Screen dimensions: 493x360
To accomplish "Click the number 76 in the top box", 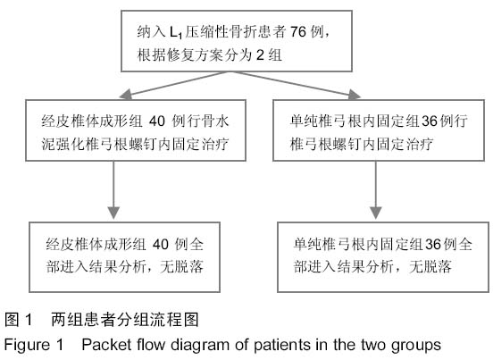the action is click(x=298, y=31).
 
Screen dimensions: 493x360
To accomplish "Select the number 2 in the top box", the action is click(x=260, y=55).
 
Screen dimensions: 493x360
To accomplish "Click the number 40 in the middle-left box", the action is click(x=157, y=121).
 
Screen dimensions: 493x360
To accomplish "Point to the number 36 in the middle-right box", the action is click(x=430, y=121).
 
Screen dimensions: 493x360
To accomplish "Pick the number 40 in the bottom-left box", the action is click(x=161, y=244).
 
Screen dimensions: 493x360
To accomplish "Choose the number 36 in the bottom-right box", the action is click(x=433, y=244).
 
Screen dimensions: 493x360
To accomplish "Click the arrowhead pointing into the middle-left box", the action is click(x=126, y=95).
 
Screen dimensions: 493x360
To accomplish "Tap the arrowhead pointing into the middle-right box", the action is click(x=355, y=95).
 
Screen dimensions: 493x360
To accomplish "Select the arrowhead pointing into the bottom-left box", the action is click(x=113, y=213).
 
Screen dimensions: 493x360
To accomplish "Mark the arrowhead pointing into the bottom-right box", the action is click(x=376, y=213).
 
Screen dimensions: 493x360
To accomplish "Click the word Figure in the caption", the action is click(x=27, y=346).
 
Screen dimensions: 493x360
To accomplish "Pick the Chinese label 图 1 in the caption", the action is click(x=19, y=320).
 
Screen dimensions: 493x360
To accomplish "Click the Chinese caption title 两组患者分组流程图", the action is click(x=125, y=320).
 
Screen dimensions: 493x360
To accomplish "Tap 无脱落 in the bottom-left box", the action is click(x=182, y=267).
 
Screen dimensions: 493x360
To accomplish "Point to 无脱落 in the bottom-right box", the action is click(x=430, y=267).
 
